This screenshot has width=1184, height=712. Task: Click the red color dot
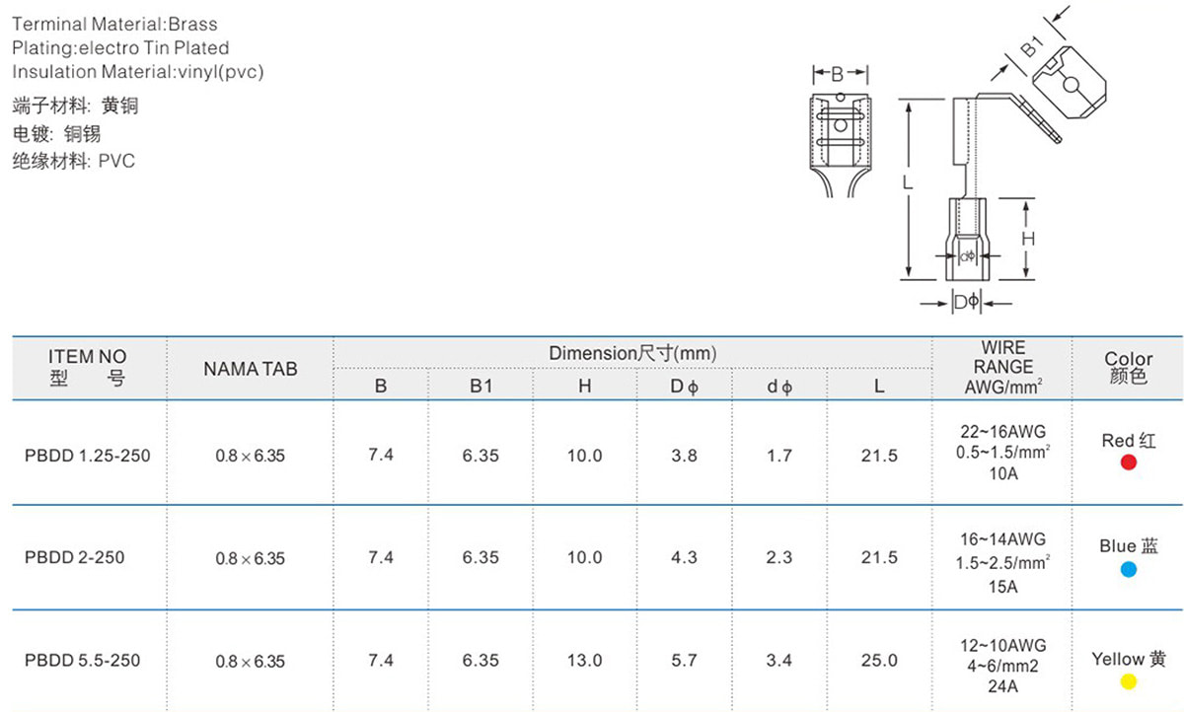click(1128, 463)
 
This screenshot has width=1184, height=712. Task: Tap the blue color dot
click(1128, 569)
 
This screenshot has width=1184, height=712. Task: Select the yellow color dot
click(1128, 681)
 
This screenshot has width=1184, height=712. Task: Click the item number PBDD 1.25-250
click(87, 456)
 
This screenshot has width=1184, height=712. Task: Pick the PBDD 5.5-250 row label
click(83, 661)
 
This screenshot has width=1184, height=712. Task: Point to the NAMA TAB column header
click(251, 369)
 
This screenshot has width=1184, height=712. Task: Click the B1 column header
click(481, 387)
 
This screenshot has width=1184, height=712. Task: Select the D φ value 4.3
click(684, 557)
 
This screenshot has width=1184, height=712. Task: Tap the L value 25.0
click(879, 661)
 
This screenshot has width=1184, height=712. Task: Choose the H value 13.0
click(584, 661)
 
